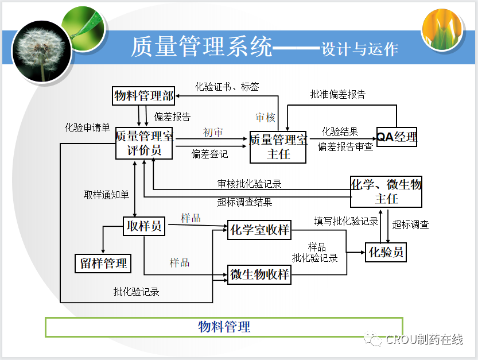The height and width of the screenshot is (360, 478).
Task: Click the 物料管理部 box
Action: pos(143,96)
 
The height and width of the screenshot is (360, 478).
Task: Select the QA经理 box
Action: pos(397,137)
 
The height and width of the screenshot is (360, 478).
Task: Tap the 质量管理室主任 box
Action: pos(278,147)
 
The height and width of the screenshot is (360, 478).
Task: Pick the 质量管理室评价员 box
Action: pos(145,143)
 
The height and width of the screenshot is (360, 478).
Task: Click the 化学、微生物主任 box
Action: pos(386,192)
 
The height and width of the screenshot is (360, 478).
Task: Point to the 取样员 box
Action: pos(143,226)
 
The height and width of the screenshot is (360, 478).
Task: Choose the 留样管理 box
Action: pos(103,263)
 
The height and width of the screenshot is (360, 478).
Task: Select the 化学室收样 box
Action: pos(259,230)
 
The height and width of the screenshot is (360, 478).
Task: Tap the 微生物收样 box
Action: pos(259,274)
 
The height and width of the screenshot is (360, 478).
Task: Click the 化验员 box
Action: pos(386,252)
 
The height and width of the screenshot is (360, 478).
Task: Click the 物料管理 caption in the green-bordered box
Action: pos(224,327)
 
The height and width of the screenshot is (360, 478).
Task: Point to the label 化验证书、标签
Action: pos(227,87)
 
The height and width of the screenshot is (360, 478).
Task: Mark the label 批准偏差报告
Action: pos(337,94)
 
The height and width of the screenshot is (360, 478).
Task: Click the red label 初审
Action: pos(213,133)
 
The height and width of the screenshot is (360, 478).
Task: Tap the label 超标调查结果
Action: pos(244,202)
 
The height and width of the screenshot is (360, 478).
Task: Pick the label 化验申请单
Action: pos(87,127)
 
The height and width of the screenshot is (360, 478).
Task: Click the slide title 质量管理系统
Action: pos(201,47)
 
